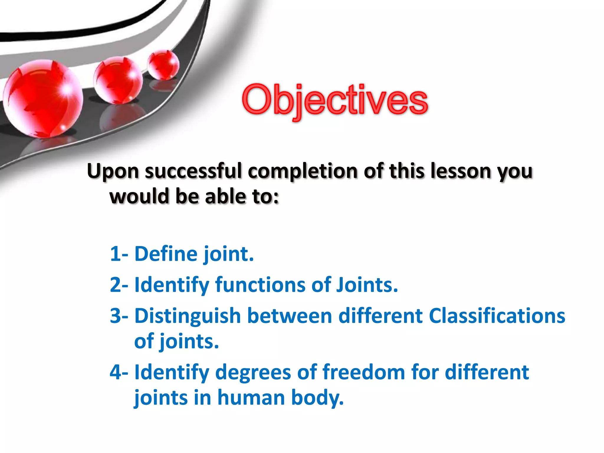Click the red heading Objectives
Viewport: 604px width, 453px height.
[x=335, y=100]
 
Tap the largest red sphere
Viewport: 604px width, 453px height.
[x=43, y=99]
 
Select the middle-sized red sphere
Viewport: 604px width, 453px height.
[x=118, y=80]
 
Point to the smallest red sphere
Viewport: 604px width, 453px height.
[x=163, y=65]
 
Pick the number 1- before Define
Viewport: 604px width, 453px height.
[x=119, y=254]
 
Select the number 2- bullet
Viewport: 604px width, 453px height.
[x=119, y=285]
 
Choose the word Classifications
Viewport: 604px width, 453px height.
[x=497, y=316]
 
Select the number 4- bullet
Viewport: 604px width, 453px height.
[x=119, y=372]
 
